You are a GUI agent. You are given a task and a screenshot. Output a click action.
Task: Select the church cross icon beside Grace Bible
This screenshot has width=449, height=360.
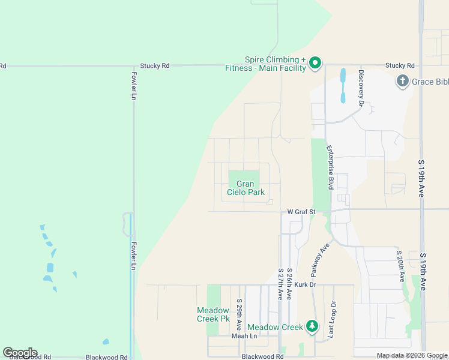pyautogui.click(x=402, y=80)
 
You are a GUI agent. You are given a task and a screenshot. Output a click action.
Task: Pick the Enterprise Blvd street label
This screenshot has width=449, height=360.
pyautogui.click(x=330, y=167)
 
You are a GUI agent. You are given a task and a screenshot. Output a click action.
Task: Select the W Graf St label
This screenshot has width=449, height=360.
pyautogui.click(x=301, y=211)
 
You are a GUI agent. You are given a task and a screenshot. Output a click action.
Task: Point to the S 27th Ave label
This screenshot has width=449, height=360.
pyautogui.click(x=280, y=284)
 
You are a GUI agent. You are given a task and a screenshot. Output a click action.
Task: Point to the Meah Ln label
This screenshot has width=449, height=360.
pyautogui.click(x=244, y=336)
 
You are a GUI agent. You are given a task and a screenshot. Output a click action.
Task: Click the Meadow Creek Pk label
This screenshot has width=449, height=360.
pyautogui.click(x=213, y=314)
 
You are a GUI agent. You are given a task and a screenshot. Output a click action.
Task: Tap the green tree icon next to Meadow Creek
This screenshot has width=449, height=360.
pyautogui.click(x=312, y=326)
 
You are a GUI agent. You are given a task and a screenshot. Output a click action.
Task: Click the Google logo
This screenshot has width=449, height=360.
pyautogui.click(x=20, y=353)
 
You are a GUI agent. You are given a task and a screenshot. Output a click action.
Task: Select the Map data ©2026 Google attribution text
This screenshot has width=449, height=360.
pyautogui.click(x=412, y=356)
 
